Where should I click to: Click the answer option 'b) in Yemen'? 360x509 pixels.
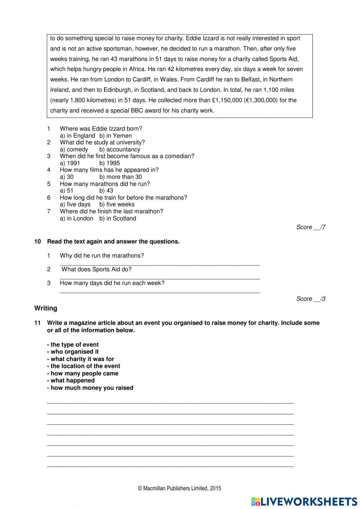[116, 136]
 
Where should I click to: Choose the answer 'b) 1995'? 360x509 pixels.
[109, 163]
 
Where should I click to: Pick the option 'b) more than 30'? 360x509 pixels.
[121, 177]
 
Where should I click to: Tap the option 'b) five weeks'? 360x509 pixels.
[117, 205]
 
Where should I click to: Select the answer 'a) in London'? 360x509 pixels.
[76, 218]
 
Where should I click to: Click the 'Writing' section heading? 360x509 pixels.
[46, 308]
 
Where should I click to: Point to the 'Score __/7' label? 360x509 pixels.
[311, 227]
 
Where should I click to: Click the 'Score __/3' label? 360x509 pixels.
[311, 299]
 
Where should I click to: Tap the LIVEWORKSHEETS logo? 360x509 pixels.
[304, 501]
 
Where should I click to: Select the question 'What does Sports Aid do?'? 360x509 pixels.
[96, 269]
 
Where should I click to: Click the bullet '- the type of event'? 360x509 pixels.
[73, 345]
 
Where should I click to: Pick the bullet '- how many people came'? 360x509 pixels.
[82, 374]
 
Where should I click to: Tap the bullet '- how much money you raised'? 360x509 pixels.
[90, 388]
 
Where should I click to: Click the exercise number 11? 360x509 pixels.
[37, 323]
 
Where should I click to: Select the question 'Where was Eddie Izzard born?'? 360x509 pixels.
[101, 129]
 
